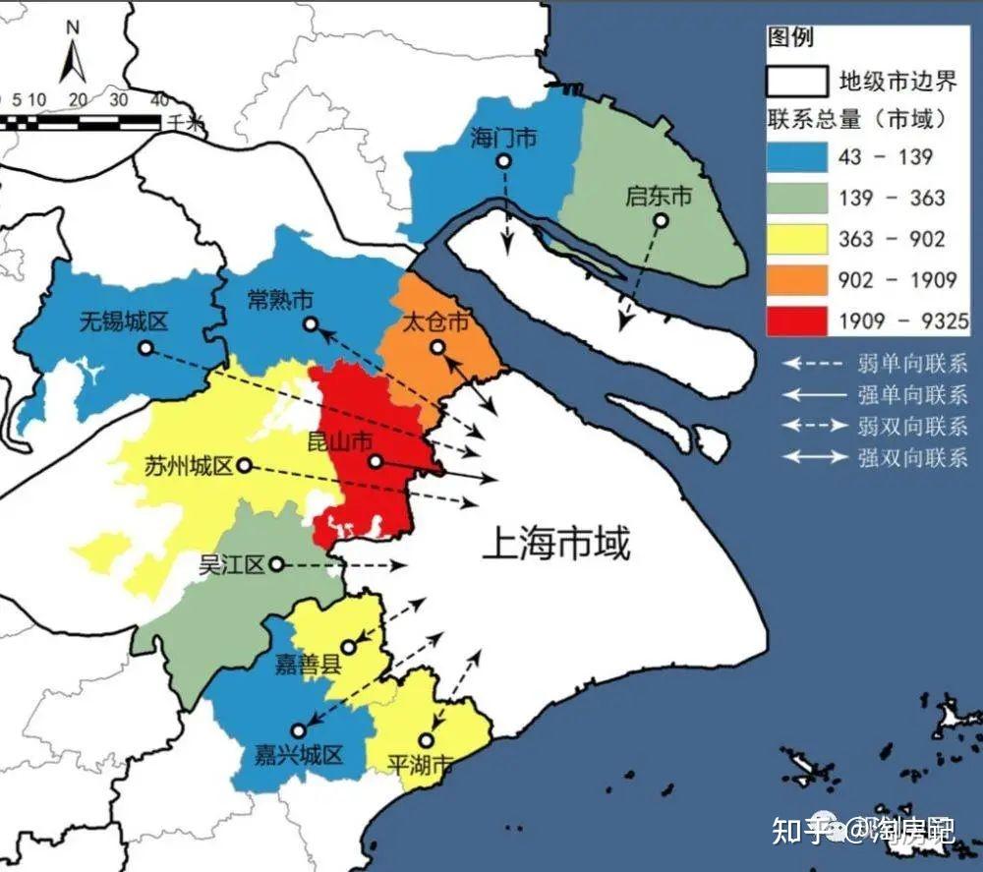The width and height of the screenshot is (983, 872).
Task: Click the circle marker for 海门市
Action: click(503, 162)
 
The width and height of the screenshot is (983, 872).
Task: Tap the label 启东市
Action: click(659, 197)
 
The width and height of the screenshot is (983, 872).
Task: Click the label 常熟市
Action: click(281, 299)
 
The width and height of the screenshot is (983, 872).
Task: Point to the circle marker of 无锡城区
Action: click(145, 347)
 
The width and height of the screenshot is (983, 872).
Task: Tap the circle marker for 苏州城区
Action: click(244, 465)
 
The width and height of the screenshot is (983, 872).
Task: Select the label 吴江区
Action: click(233, 564)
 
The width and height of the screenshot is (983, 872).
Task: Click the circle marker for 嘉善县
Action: click(348, 647)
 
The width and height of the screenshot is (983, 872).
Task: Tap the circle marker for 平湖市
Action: click(426, 739)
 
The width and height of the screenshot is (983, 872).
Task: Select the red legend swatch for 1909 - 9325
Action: click(796, 320)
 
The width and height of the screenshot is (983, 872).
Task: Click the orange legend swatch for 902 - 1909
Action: click(796, 279)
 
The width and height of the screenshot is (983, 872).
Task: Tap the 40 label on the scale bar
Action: click(158, 100)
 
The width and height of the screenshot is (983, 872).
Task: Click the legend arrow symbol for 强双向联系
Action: click(814, 456)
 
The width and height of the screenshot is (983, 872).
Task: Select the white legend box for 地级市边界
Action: click(796, 79)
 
